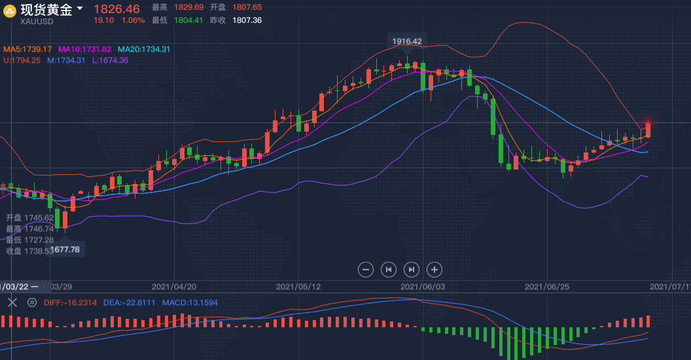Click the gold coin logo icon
[10, 10]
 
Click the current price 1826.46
[116, 9]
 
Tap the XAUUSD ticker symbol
[37, 21]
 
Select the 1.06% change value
[133, 20]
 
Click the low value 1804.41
[188, 20]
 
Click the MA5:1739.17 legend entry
[27, 49]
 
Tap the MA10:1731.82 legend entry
[85, 49]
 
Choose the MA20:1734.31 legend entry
[144, 49]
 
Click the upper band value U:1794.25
[22, 60]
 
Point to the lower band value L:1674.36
[110, 60]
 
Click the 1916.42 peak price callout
[407, 41]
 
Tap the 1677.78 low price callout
[65, 249]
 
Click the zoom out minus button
[366, 269]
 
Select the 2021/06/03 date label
[423, 287]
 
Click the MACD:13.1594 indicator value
[190, 303]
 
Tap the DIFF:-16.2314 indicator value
[69, 303]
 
